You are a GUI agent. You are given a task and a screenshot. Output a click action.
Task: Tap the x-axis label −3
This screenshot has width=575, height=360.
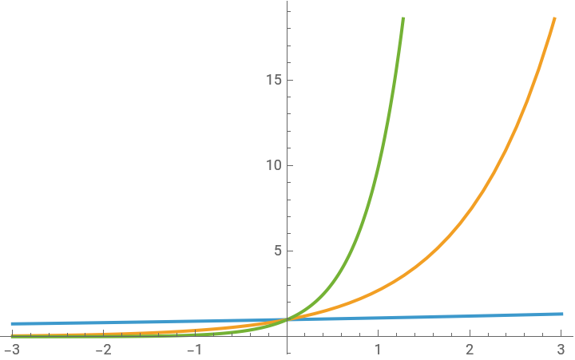pyautogui.click(x=12, y=350)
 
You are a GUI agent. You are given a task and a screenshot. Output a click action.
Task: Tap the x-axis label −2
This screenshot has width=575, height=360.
pyautogui.click(x=103, y=350)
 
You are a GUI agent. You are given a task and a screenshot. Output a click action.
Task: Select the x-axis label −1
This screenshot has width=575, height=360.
pyautogui.click(x=194, y=350)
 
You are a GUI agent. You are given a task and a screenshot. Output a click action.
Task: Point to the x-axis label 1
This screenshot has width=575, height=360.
pyautogui.click(x=379, y=350)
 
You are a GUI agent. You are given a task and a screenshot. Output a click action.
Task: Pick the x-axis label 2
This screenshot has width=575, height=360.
pyautogui.click(x=470, y=350)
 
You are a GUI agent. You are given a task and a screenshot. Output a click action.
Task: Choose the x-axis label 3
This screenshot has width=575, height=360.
pyautogui.click(x=561, y=350)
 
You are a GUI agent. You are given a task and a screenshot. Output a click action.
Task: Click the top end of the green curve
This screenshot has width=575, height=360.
pyautogui.click(x=403, y=18)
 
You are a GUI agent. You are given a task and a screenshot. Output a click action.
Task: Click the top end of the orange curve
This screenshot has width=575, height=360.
pyautogui.click(x=553, y=18)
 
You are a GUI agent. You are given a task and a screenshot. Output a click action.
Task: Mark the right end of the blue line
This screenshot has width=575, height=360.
pyautogui.click(x=562, y=314)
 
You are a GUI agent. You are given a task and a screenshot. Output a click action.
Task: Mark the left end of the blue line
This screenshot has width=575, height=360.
pyautogui.click(x=12, y=324)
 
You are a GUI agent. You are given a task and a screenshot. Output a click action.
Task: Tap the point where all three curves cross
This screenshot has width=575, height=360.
pyautogui.click(x=287, y=319)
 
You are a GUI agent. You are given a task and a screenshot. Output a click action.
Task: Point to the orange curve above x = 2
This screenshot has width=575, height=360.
pyautogui.click(x=470, y=210)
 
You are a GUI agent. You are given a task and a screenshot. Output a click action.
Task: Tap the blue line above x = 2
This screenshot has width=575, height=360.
pyautogui.click(x=470, y=316)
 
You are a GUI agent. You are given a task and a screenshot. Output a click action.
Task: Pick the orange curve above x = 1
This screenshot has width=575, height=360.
pyautogui.click(x=379, y=290)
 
